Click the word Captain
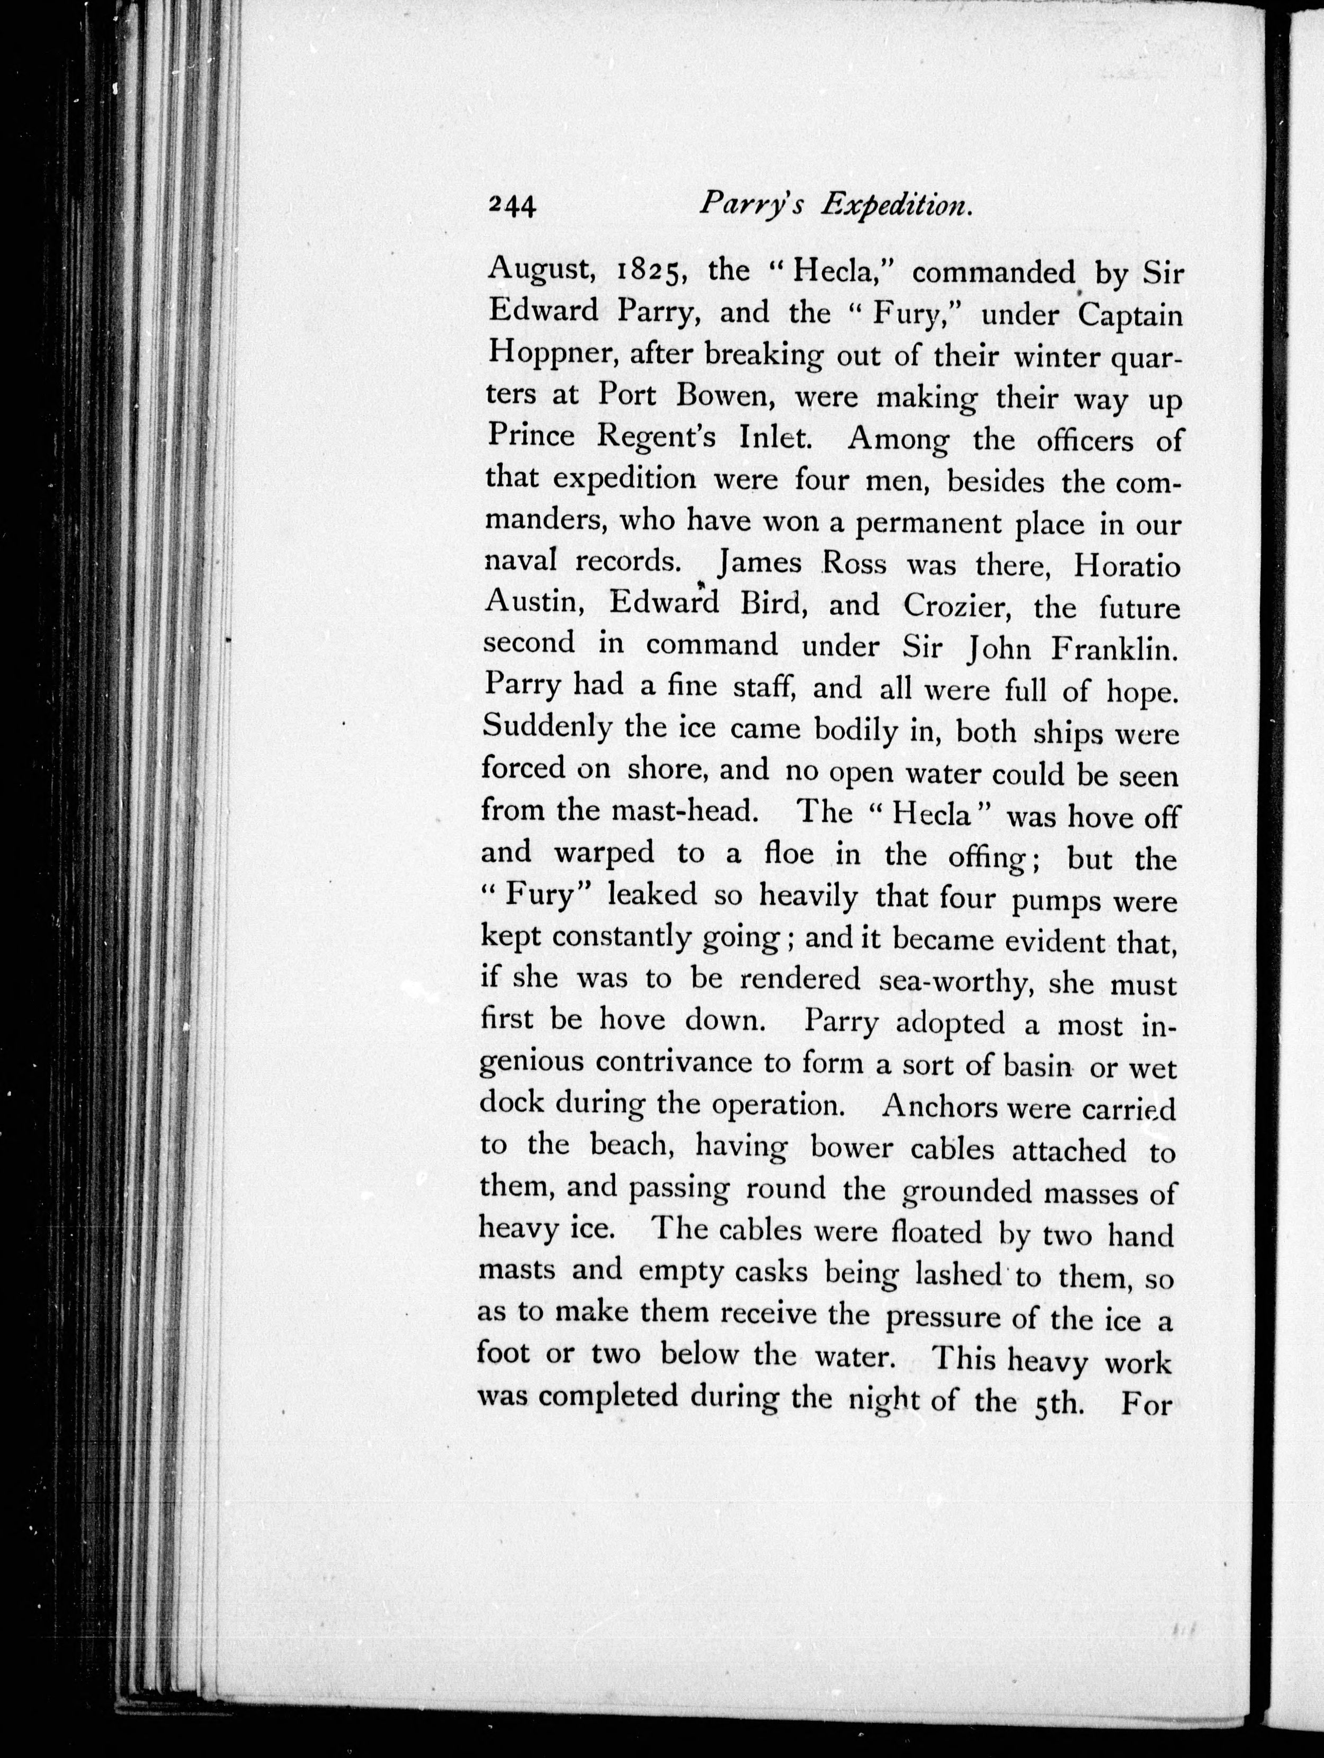(1129, 315)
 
